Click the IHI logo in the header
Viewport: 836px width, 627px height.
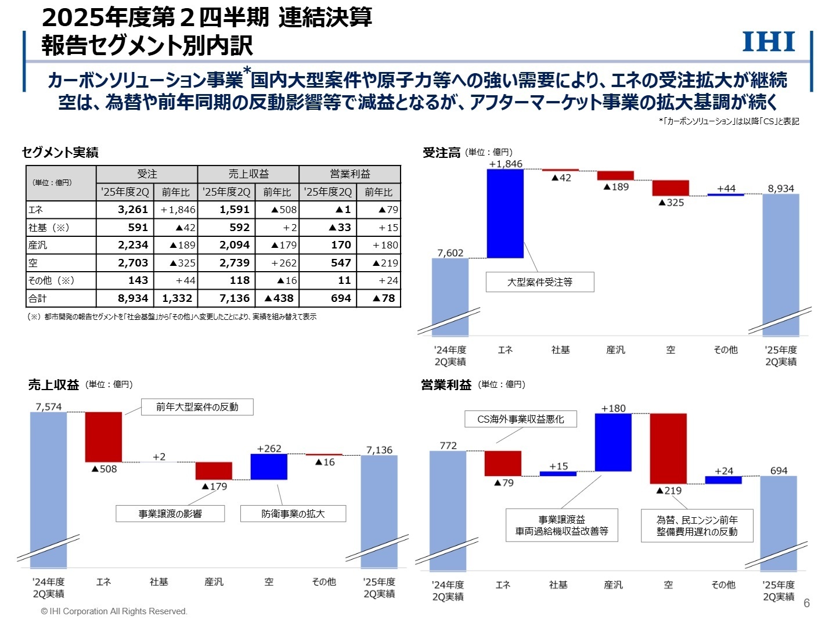pyautogui.click(x=769, y=42)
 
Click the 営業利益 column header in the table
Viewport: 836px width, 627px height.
pyautogui.click(x=349, y=174)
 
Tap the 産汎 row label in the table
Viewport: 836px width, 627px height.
pyautogui.click(x=38, y=245)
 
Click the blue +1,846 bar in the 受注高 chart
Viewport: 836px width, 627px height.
pyautogui.click(x=505, y=214)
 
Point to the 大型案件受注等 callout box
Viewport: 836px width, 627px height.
pyautogui.click(x=540, y=282)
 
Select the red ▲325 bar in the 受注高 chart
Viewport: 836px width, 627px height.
pyautogui.click(x=671, y=188)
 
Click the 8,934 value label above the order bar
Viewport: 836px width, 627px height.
pyautogui.click(x=781, y=189)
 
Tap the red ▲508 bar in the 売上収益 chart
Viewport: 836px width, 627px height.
pyautogui.click(x=104, y=437)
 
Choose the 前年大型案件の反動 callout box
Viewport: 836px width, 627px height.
pyautogui.click(x=197, y=407)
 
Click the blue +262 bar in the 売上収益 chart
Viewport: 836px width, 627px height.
pyautogui.click(x=269, y=467)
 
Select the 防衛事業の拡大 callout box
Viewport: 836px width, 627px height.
pyautogui.click(x=293, y=514)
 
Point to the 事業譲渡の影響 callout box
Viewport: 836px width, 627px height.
pyautogui.click(x=170, y=514)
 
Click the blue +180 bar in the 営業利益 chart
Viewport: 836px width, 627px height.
pyautogui.click(x=613, y=442)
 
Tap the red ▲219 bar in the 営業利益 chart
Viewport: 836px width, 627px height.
pyautogui.click(x=668, y=448)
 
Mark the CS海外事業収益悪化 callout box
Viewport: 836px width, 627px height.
pyautogui.click(x=521, y=419)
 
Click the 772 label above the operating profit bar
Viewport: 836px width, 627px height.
pyautogui.click(x=448, y=446)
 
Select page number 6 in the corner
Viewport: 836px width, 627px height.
pyautogui.click(x=806, y=603)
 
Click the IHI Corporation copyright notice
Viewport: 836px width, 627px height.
pyautogui.click(x=114, y=611)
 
